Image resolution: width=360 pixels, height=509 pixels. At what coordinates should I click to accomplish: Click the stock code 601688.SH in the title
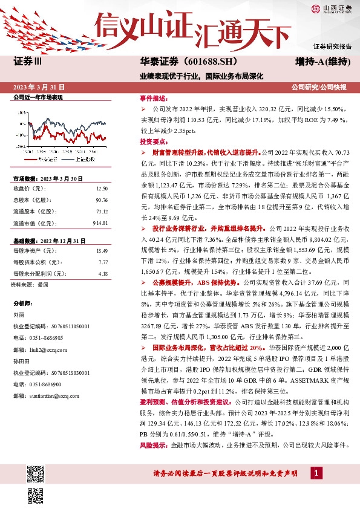coord(209,62)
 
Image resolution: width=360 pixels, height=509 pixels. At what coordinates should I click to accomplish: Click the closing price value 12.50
coord(102,189)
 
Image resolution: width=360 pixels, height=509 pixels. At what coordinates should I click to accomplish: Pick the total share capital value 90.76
coord(102,199)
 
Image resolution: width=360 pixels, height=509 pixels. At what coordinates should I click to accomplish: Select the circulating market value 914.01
coord(100,223)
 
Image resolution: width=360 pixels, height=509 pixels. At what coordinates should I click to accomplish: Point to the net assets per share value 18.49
coord(102,250)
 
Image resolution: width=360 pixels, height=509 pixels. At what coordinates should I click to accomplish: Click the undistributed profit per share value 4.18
coord(102,273)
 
